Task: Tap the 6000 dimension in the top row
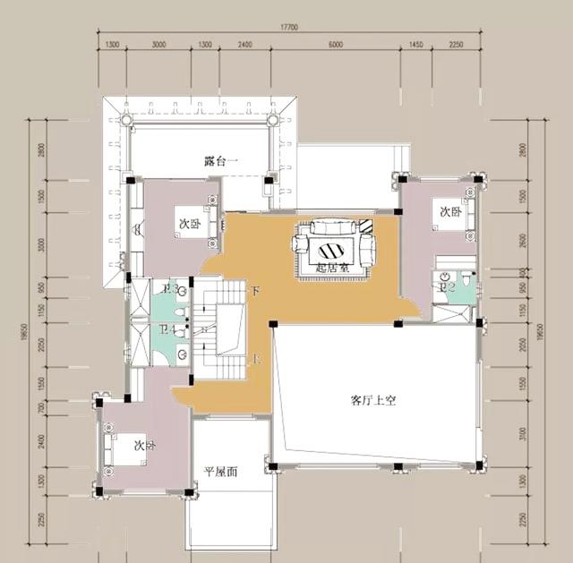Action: [335, 45]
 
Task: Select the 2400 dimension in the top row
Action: [245, 45]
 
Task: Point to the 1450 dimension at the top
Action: [415, 45]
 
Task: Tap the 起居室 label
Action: [332, 266]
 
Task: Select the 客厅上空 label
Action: [372, 401]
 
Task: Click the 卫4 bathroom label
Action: [167, 330]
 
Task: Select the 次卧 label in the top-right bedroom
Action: [450, 212]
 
